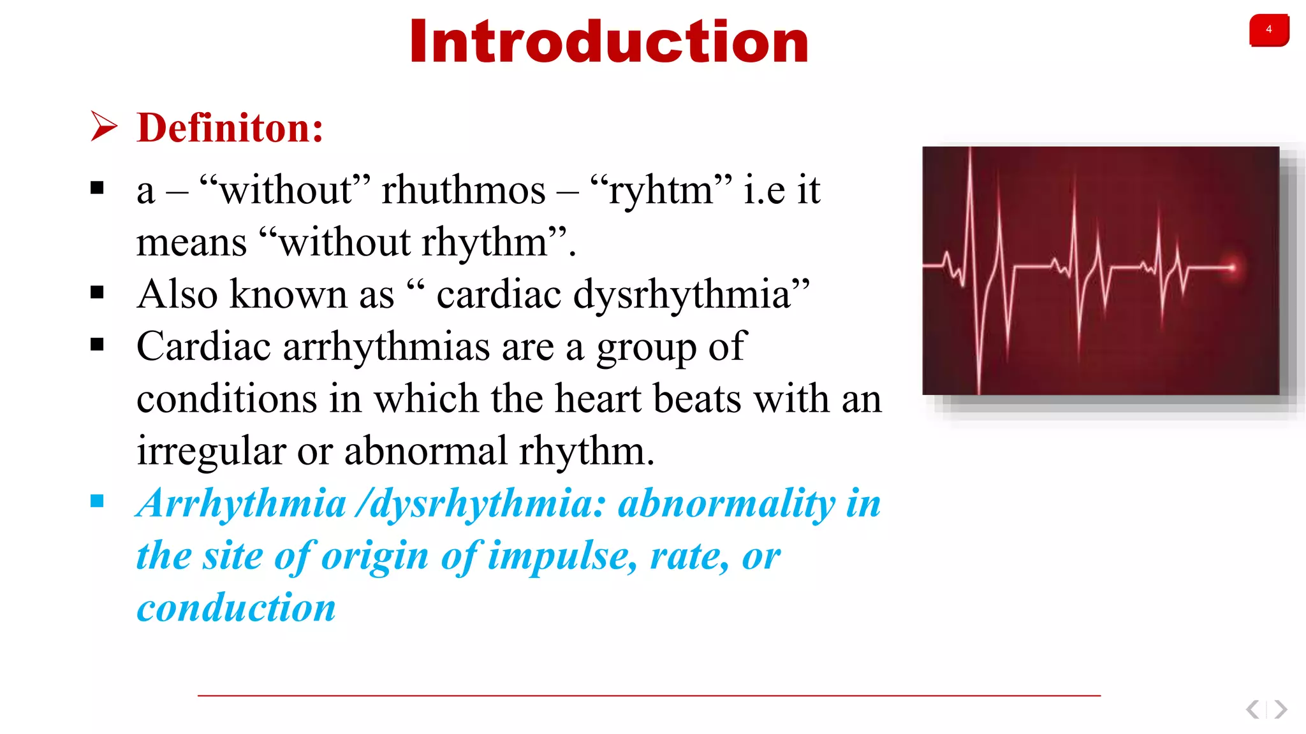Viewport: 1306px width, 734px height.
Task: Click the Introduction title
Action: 609,42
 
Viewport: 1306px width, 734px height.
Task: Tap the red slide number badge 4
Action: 1268,30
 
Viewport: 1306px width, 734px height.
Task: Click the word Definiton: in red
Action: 230,127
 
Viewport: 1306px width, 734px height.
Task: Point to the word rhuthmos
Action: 464,190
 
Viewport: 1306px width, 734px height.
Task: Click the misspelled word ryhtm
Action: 661,190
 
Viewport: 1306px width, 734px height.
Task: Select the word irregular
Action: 211,451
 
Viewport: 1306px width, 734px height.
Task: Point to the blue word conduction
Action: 236,608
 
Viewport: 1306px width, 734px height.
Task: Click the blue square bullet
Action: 97,501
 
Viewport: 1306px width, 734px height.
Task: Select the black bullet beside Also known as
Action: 97,292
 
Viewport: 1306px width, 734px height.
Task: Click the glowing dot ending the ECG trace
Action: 1233,268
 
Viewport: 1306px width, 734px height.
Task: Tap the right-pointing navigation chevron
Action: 1280,709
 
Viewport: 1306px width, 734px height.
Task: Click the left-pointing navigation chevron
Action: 1253,709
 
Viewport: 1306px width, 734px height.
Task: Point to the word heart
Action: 598,399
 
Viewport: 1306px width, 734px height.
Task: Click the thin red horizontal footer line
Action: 649,696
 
